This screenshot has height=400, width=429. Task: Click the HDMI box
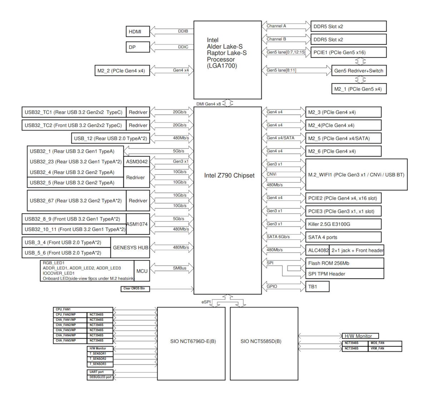[138, 32]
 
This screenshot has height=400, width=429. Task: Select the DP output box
[138, 47]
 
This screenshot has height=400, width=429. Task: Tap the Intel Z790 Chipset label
[229, 176]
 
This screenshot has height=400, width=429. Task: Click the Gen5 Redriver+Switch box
[359, 71]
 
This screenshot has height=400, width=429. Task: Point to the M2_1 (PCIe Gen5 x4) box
[359, 89]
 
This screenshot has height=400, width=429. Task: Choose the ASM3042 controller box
[137, 162]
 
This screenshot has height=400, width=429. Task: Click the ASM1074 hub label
[137, 224]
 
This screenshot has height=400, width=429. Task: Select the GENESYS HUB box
[130, 248]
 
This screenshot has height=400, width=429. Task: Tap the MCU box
[142, 271]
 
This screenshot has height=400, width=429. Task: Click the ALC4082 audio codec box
[318, 250]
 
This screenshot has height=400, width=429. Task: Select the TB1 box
[317, 287]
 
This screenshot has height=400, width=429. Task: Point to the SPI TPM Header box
[344, 274]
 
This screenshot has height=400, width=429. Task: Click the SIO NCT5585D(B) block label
[261, 341]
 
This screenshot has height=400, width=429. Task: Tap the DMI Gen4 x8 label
[208, 104]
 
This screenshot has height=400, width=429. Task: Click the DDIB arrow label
[183, 31]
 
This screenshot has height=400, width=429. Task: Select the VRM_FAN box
[385, 348]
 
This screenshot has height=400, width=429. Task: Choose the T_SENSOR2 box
[100, 359]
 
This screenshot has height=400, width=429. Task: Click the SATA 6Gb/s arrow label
[278, 237]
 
